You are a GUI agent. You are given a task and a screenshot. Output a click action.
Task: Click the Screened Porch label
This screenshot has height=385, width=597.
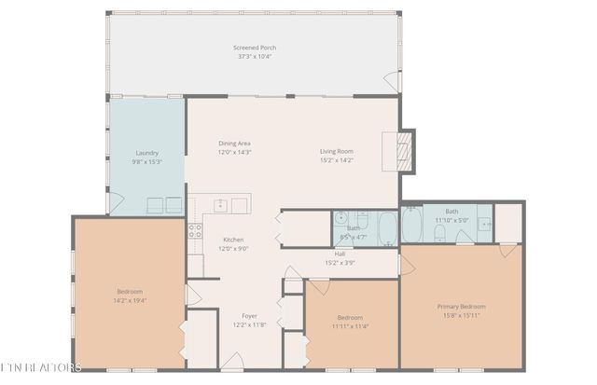[x=255, y=48]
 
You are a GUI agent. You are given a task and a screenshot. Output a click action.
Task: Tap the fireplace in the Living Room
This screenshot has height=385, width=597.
[x=404, y=149]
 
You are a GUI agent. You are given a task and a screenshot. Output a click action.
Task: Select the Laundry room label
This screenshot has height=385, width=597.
[x=146, y=153]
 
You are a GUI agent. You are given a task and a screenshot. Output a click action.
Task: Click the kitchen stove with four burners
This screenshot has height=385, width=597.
[x=195, y=230]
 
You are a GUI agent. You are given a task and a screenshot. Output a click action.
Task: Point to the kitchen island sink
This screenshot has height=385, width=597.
[x=219, y=204]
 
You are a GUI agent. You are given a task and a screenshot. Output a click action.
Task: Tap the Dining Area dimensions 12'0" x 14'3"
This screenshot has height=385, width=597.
[x=235, y=152]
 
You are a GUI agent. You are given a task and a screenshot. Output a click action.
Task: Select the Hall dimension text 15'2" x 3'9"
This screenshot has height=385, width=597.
[x=340, y=262]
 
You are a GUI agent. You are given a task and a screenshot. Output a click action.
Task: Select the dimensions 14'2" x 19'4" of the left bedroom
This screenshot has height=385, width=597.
[x=131, y=300]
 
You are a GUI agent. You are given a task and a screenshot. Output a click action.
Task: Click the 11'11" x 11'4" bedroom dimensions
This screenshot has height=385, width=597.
[x=352, y=326]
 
